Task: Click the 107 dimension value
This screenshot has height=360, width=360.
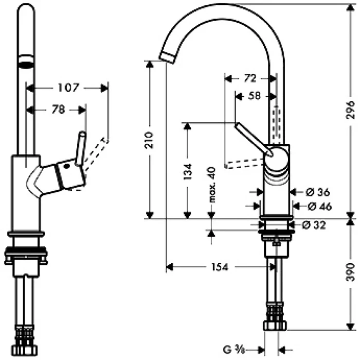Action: click(68, 88)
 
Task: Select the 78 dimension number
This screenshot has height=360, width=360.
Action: click(58, 110)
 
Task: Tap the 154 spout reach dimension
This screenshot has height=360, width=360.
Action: click(220, 266)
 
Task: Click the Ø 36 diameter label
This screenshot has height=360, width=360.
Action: click(317, 192)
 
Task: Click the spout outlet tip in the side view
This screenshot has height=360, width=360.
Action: click(167, 57)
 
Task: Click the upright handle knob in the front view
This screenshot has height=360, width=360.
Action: click(81, 149)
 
